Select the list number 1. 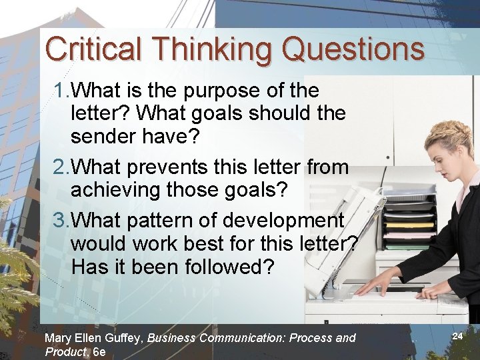61,91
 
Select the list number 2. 61,167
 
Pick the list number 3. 61,220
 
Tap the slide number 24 457,336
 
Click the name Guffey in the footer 123,338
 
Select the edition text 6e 99,351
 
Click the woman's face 446,149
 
